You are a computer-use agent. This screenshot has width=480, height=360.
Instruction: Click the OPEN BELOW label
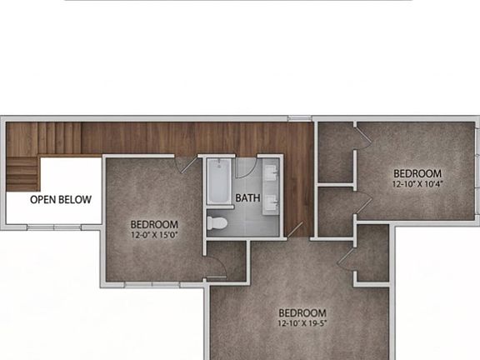(x=61, y=200)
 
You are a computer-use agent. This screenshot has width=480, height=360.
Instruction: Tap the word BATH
(x=247, y=198)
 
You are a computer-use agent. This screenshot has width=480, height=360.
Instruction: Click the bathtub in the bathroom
(x=219, y=181)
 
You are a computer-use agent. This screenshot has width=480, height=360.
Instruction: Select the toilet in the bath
(x=219, y=223)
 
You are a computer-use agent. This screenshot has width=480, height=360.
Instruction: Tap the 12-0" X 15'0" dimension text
(x=154, y=236)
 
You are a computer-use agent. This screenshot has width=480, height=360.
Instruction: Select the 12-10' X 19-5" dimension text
(x=302, y=323)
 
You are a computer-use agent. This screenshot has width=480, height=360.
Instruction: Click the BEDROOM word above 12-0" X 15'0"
(x=154, y=224)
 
